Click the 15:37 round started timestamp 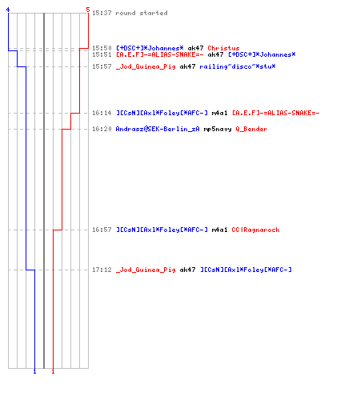point(102,13)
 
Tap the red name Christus point(223,48)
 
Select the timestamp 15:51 point(102,54)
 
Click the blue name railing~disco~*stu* point(238,66)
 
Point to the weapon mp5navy point(218,130)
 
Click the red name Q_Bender point(251,130)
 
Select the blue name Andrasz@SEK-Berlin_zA point(158,130)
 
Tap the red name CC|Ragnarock point(255,230)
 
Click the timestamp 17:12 point(102,270)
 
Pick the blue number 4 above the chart point(8,10)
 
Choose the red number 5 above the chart point(88,10)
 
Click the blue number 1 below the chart point(34,371)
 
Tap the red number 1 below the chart point(53,371)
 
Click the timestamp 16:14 point(102,113)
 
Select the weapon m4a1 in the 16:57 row point(219,230)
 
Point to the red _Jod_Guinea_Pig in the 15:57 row point(146,66)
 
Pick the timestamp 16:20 point(102,129)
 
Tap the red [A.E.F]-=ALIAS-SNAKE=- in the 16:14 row point(276,113)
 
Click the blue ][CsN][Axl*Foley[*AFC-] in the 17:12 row point(246,270)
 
